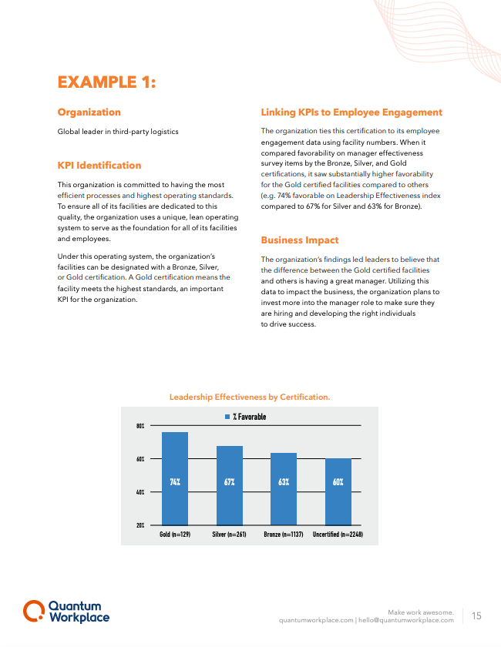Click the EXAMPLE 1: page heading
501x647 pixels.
107,82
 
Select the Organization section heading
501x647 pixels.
89,112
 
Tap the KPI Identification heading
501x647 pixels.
99,165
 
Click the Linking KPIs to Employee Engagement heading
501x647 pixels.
351,112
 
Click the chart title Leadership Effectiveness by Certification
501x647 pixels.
250,397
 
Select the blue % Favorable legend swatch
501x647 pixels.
227,417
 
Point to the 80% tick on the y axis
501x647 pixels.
140,426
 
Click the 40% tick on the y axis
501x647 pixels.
140,491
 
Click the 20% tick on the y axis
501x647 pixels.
140,525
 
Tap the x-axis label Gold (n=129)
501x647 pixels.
175,534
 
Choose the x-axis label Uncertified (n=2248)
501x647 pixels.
338,534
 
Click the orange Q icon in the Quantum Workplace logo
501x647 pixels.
33,611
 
